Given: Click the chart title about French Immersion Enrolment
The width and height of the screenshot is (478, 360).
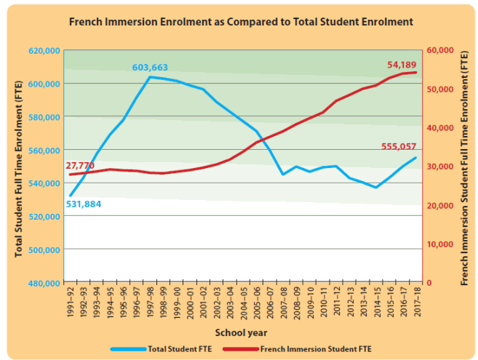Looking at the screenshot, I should point(240,22).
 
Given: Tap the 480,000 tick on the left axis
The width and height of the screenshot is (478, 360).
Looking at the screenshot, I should point(45,283).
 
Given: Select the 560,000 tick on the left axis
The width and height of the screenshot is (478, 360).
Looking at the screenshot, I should point(45,150).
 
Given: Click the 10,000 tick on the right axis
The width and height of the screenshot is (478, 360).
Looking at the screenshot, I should point(441,244).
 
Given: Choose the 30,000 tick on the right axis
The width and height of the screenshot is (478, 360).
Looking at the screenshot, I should point(441,167).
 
